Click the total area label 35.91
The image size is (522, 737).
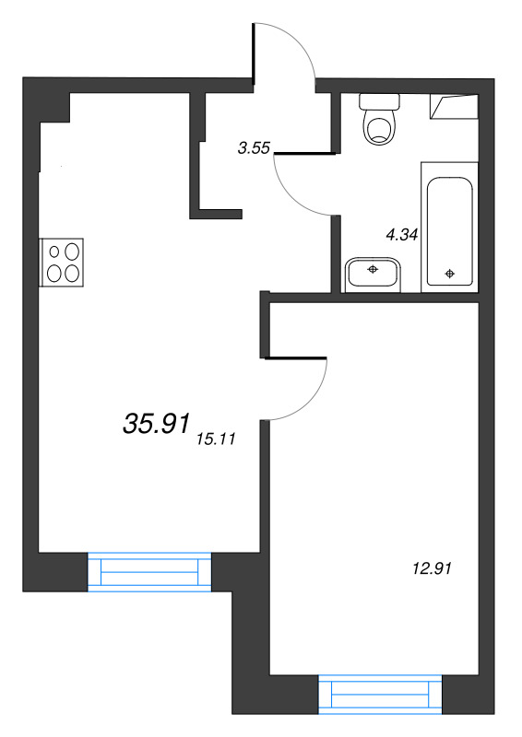coord(156,423)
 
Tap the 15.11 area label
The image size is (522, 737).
coord(217,439)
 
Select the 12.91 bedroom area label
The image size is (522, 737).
coord(432,568)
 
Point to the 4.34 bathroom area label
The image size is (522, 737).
coord(401,235)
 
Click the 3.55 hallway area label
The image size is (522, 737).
coord(254,148)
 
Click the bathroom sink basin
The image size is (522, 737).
coord(373,275)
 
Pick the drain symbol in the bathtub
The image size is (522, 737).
coord(449,273)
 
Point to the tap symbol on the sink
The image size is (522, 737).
coord(373,269)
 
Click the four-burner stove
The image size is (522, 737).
coord(62,263)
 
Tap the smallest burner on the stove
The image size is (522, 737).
coord(54,252)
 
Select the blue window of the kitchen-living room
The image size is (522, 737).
coord(149,571)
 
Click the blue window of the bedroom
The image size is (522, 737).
coord(380,695)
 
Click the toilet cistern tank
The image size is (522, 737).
coord(379,100)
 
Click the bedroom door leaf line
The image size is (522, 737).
coord(296,358)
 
